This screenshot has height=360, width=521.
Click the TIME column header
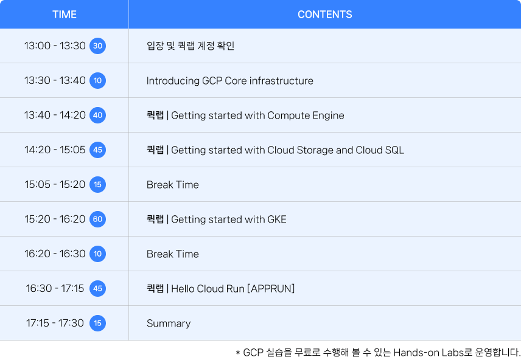pyautogui.click(x=65, y=14)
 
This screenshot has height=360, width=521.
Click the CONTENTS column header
pyautogui.click(x=324, y=14)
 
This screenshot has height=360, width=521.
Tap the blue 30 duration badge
pyautogui.click(x=97, y=46)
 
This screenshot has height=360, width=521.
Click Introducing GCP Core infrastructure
pyautogui.click(x=230, y=81)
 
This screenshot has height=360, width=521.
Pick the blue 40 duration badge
pyautogui.click(x=97, y=116)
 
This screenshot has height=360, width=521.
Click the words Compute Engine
pyautogui.click(x=306, y=116)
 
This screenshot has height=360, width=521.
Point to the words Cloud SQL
pyautogui.click(x=380, y=150)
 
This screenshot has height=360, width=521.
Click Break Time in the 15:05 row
pyautogui.click(x=173, y=185)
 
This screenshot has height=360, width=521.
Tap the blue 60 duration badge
pyautogui.click(x=97, y=219)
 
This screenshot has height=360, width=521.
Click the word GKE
pyautogui.click(x=277, y=220)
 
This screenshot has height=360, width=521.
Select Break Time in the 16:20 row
pyautogui.click(x=173, y=254)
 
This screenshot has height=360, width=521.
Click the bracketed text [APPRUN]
pyautogui.click(x=271, y=289)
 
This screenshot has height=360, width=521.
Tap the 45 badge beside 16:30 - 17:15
pyautogui.click(x=97, y=289)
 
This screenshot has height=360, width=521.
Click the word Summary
pyautogui.click(x=169, y=324)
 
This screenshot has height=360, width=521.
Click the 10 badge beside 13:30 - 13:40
pyautogui.click(x=97, y=80)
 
